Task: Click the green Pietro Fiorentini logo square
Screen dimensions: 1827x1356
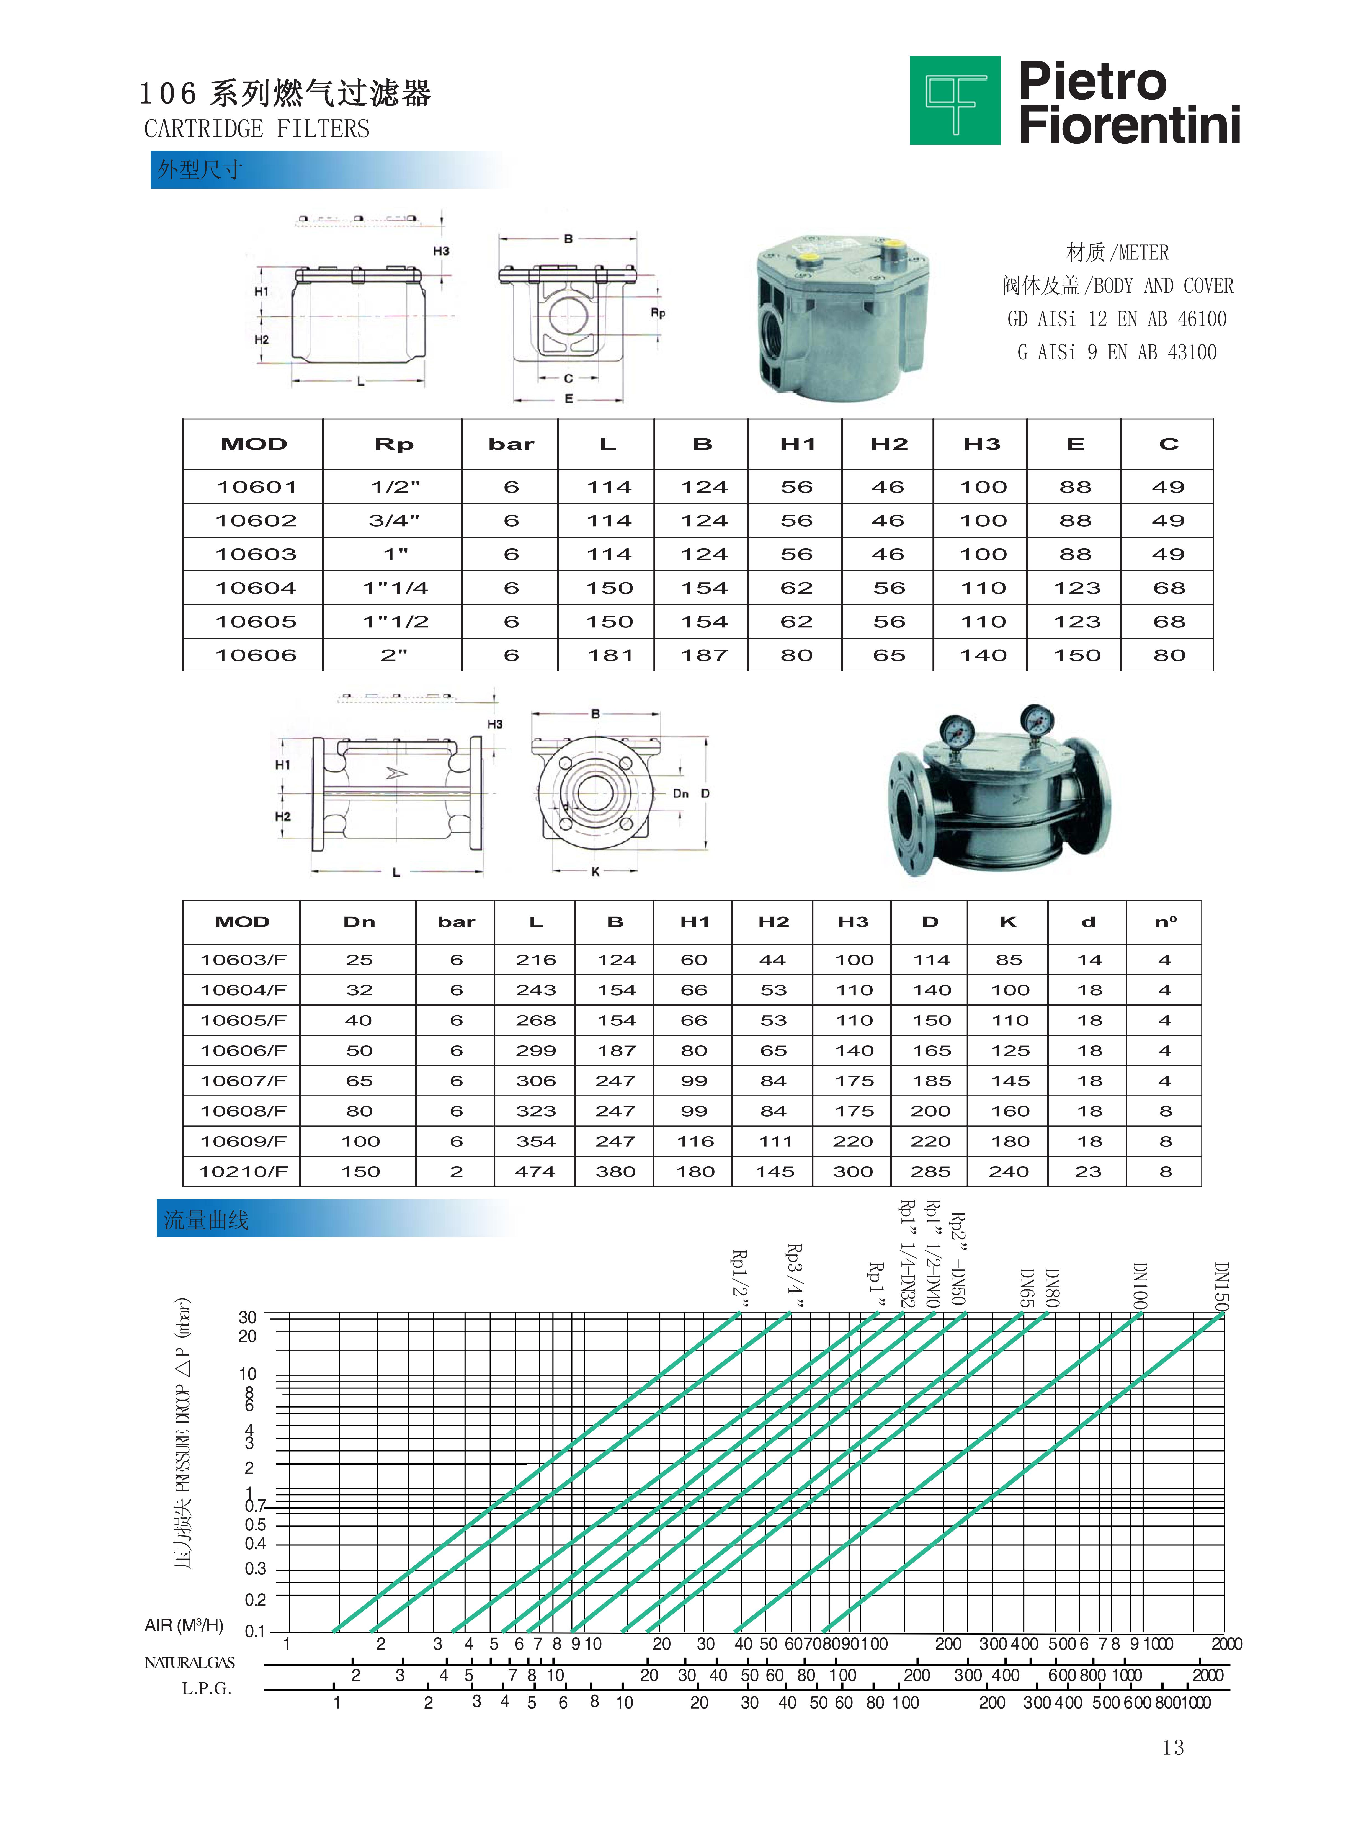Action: (955, 100)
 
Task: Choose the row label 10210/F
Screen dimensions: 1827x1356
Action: (243, 1171)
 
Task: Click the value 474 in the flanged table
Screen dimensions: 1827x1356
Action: (535, 1171)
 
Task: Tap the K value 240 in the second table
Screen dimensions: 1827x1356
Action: (1009, 1171)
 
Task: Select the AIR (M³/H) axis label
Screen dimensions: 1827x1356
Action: (184, 1625)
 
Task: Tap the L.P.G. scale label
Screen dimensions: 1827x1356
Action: (207, 1688)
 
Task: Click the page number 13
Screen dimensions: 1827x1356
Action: (1173, 1747)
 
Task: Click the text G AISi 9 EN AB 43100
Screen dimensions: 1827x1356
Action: (1116, 352)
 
